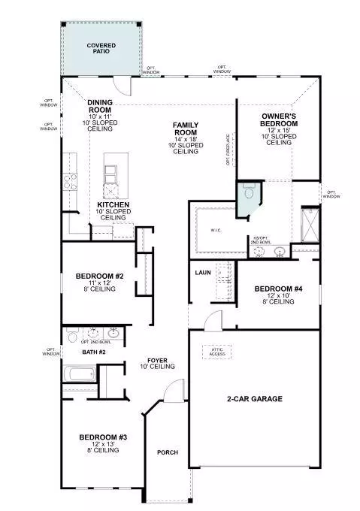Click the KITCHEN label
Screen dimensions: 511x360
(x=113, y=204)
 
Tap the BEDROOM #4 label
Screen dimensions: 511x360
(x=278, y=289)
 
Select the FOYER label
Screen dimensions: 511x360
(x=157, y=361)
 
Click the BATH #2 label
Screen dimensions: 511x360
(x=94, y=351)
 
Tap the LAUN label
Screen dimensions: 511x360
(x=201, y=273)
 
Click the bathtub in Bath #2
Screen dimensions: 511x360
(x=80, y=373)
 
